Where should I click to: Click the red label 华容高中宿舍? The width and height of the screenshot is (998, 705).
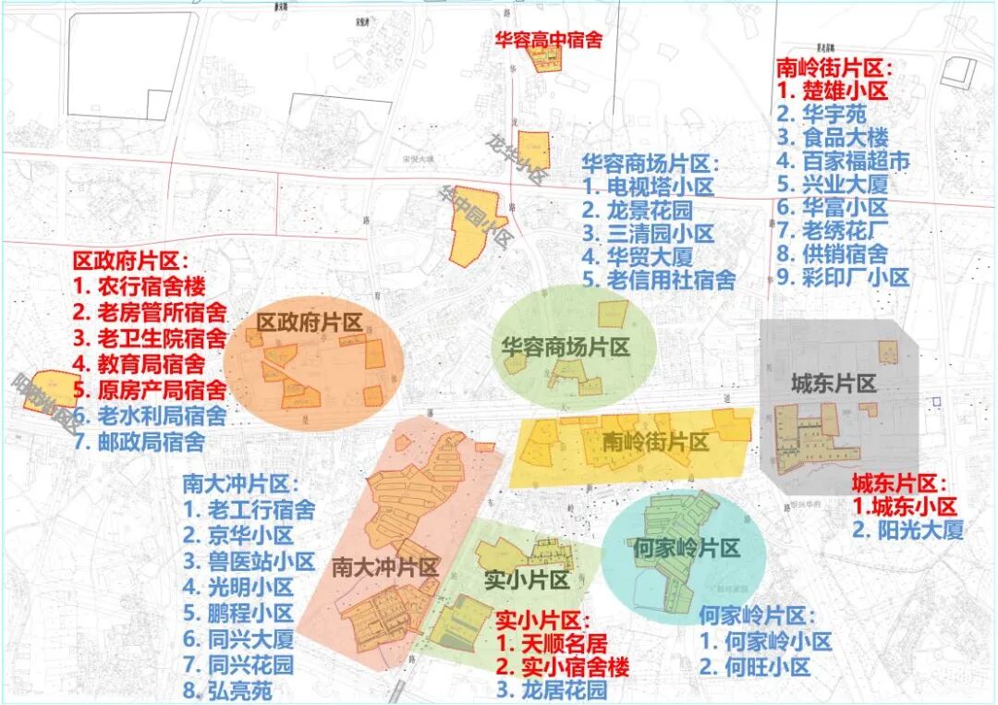[548, 39]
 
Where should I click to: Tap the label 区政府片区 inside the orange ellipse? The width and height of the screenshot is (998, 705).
[310, 322]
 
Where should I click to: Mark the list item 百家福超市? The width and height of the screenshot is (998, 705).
[843, 161]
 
